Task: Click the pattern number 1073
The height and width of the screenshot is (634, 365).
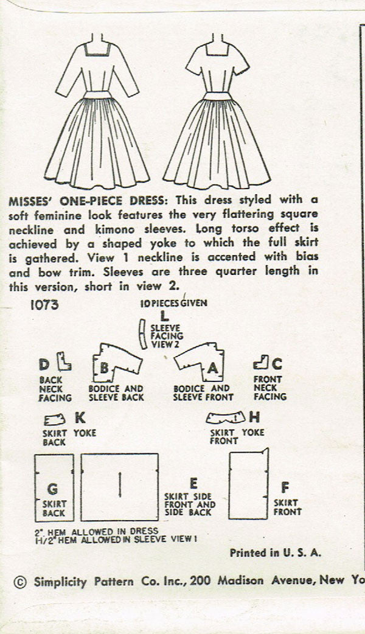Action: (x=44, y=304)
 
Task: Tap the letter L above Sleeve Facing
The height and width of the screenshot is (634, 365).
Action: (x=164, y=316)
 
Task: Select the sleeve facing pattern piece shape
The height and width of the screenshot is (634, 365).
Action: (x=142, y=334)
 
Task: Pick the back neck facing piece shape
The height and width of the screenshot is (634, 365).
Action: (x=63, y=362)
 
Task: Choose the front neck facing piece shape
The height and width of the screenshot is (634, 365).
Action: (x=261, y=363)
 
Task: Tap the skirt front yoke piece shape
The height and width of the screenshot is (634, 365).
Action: (x=226, y=417)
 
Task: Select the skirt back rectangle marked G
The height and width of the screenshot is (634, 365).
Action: (x=54, y=487)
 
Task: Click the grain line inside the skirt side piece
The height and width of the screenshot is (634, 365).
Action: (x=120, y=485)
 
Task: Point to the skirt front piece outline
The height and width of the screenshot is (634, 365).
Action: (x=249, y=484)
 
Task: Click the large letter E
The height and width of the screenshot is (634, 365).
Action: (x=193, y=483)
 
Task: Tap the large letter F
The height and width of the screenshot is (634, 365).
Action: (x=285, y=487)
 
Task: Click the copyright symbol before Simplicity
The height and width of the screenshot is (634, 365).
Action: (x=20, y=582)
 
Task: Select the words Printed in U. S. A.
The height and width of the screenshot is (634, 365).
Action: (x=275, y=552)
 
